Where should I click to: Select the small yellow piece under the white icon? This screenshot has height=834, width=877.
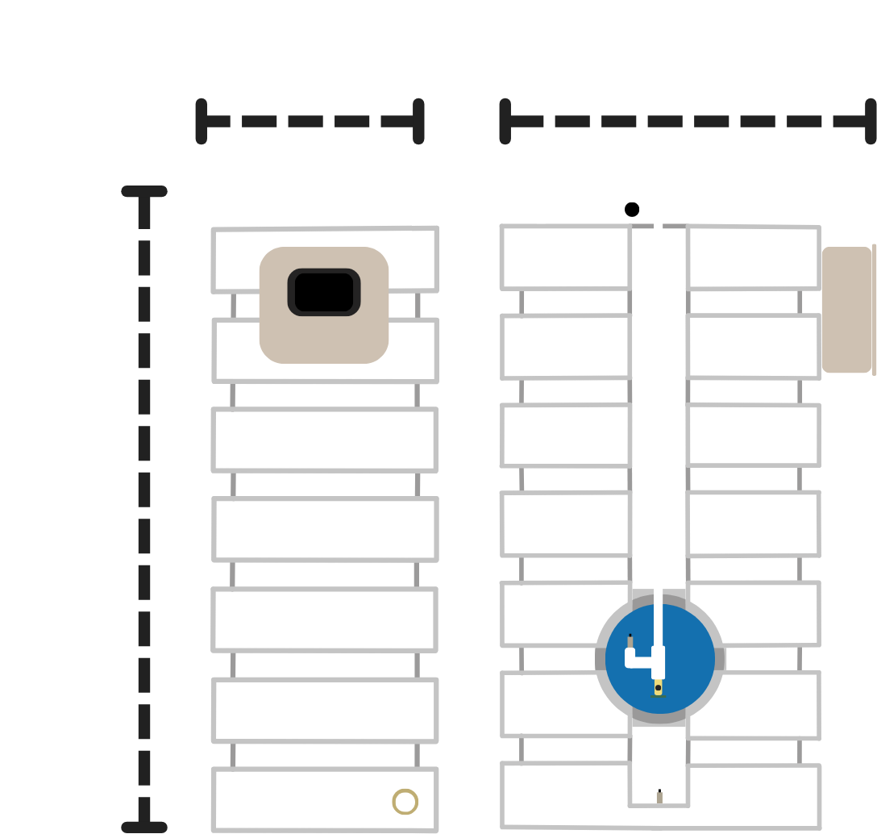point(659,688)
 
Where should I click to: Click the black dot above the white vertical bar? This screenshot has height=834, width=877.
point(632,210)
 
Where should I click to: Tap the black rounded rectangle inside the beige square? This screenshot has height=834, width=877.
point(324,292)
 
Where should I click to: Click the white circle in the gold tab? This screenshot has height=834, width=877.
point(405,802)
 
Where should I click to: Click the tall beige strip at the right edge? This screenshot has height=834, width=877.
point(848,532)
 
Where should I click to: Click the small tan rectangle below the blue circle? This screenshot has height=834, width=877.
point(671,798)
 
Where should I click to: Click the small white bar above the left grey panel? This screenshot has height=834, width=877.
point(337,216)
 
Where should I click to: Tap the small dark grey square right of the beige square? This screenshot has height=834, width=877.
point(427,305)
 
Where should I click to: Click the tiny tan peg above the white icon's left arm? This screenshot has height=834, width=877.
point(630,640)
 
